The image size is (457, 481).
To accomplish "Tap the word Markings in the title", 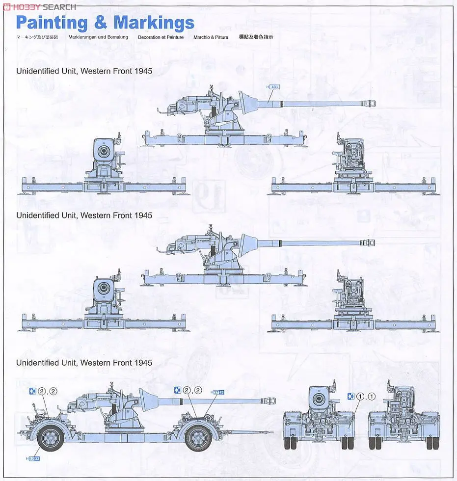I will coord(154,23).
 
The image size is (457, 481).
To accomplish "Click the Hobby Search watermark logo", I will coord(39,6).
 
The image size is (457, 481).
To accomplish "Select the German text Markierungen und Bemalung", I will coord(98,37).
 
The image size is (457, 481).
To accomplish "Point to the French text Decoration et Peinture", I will coord(161,37).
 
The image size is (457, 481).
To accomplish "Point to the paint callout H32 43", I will coord(217,392).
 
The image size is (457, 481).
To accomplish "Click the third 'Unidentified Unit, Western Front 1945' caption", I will coord(84,363).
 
